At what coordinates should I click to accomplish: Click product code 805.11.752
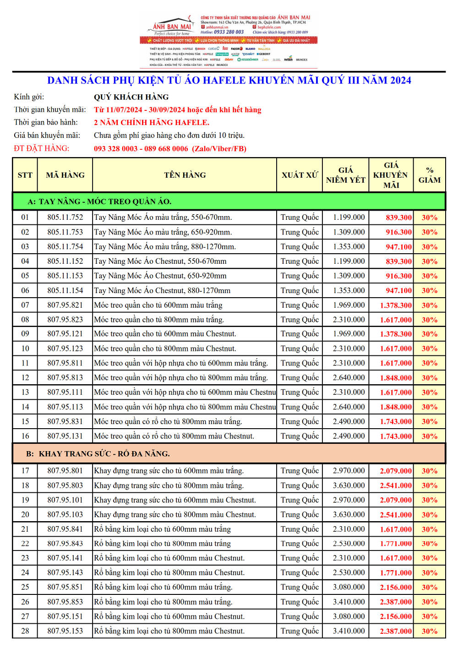[x=65, y=218]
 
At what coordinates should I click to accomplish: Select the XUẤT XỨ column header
[x=300, y=175]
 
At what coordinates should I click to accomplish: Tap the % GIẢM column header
[x=429, y=175]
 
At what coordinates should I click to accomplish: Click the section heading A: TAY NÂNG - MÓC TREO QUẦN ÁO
[x=99, y=201]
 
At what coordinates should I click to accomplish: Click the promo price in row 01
[x=398, y=218]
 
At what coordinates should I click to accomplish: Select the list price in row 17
[x=349, y=471]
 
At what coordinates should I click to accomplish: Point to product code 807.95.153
[x=65, y=631]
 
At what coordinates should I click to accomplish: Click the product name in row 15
[x=168, y=422]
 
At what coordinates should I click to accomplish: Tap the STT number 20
[x=25, y=515]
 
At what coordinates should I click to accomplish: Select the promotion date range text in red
[x=177, y=110]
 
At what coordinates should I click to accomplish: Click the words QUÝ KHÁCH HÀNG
[x=131, y=97]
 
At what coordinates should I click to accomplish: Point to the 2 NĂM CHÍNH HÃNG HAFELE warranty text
[x=152, y=123]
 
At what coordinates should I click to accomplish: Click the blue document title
[x=229, y=81]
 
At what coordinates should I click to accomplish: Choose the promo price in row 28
[x=396, y=631]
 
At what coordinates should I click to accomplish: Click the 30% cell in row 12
[x=429, y=378]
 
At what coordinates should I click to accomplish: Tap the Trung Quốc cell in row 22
[x=300, y=544]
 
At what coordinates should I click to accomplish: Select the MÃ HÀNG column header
[x=65, y=175]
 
